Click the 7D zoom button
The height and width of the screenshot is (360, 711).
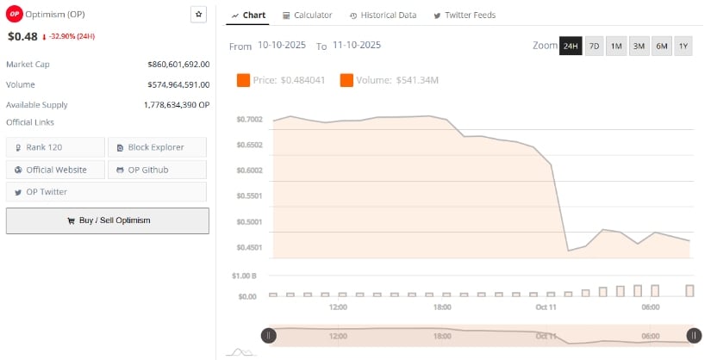point(594,46)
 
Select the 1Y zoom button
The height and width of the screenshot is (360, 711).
point(683,46)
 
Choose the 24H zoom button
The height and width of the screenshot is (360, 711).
point(571,46)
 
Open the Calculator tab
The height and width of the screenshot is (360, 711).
point(307,16)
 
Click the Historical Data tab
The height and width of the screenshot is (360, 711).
point(384,16)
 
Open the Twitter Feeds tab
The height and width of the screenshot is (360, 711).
point(465,16)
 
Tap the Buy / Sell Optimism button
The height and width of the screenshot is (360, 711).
point(108,220)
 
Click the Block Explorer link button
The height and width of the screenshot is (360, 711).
point(156,147)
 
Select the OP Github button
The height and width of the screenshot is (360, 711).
point(156,170)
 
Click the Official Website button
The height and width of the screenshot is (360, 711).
point(55,170)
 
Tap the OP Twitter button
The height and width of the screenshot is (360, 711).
point(55,191)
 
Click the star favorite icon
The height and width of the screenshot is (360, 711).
point(199,15)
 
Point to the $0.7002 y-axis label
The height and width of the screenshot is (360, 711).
point(249,119)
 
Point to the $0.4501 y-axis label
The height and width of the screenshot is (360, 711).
point(249,247)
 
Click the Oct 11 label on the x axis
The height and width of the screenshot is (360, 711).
point(546,307)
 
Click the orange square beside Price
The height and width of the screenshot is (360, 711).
point(243,80)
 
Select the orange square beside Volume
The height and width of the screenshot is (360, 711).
point(346,80)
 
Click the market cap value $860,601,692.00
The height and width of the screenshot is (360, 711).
point(178,65)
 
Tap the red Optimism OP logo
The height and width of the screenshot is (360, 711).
point(14,15)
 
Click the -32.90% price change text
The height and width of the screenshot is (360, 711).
point(72,37)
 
